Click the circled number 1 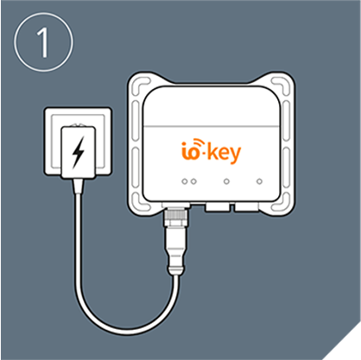point(43,41)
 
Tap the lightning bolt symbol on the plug point(78,152)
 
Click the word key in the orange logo point(224,153)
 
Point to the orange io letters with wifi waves point(193,149)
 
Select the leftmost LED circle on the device point(185,181)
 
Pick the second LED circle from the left point(193,181)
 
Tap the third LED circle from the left point(226,181)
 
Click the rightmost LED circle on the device point(259,181)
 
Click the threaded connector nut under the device point(176,218)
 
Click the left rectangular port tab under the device point(218,207)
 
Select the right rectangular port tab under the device point(246,207)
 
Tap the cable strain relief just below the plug point(78,186)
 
